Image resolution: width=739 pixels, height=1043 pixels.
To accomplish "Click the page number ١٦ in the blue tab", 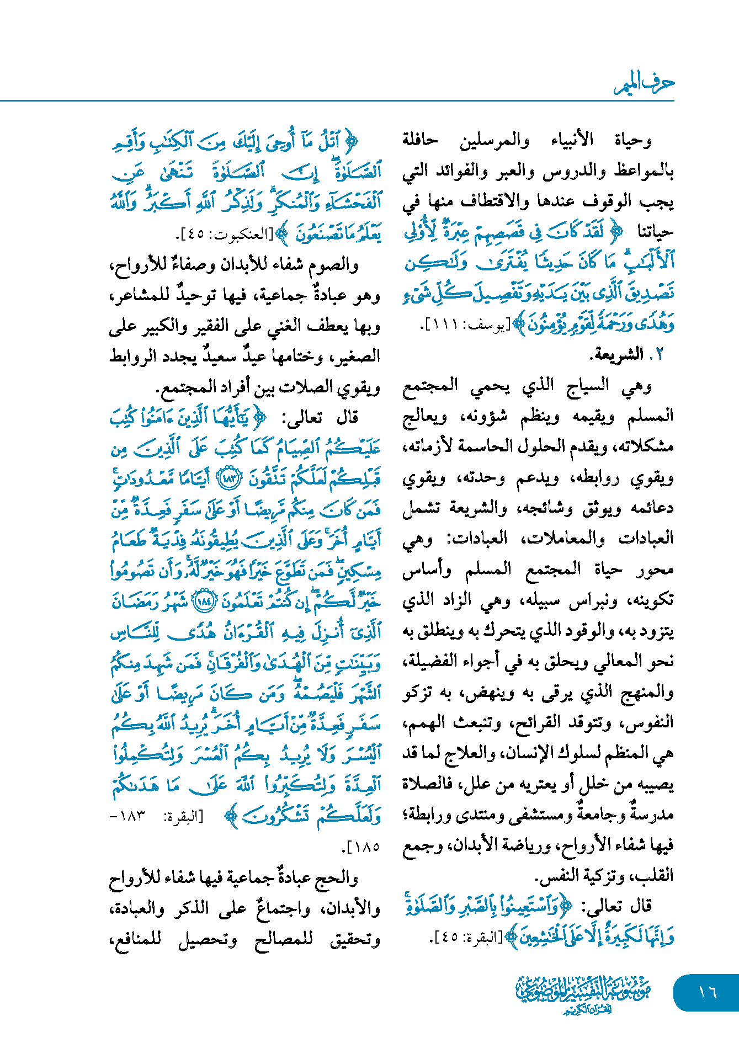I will tap(707, 992).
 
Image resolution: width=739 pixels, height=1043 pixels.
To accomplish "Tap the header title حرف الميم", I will tap(644, 84).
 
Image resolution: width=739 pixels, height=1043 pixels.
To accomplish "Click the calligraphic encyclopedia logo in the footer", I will tap(584, 993).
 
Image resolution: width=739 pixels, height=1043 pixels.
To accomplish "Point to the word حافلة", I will tap(419, 141).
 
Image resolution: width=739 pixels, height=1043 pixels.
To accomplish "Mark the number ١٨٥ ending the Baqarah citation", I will tap(365, 846).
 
